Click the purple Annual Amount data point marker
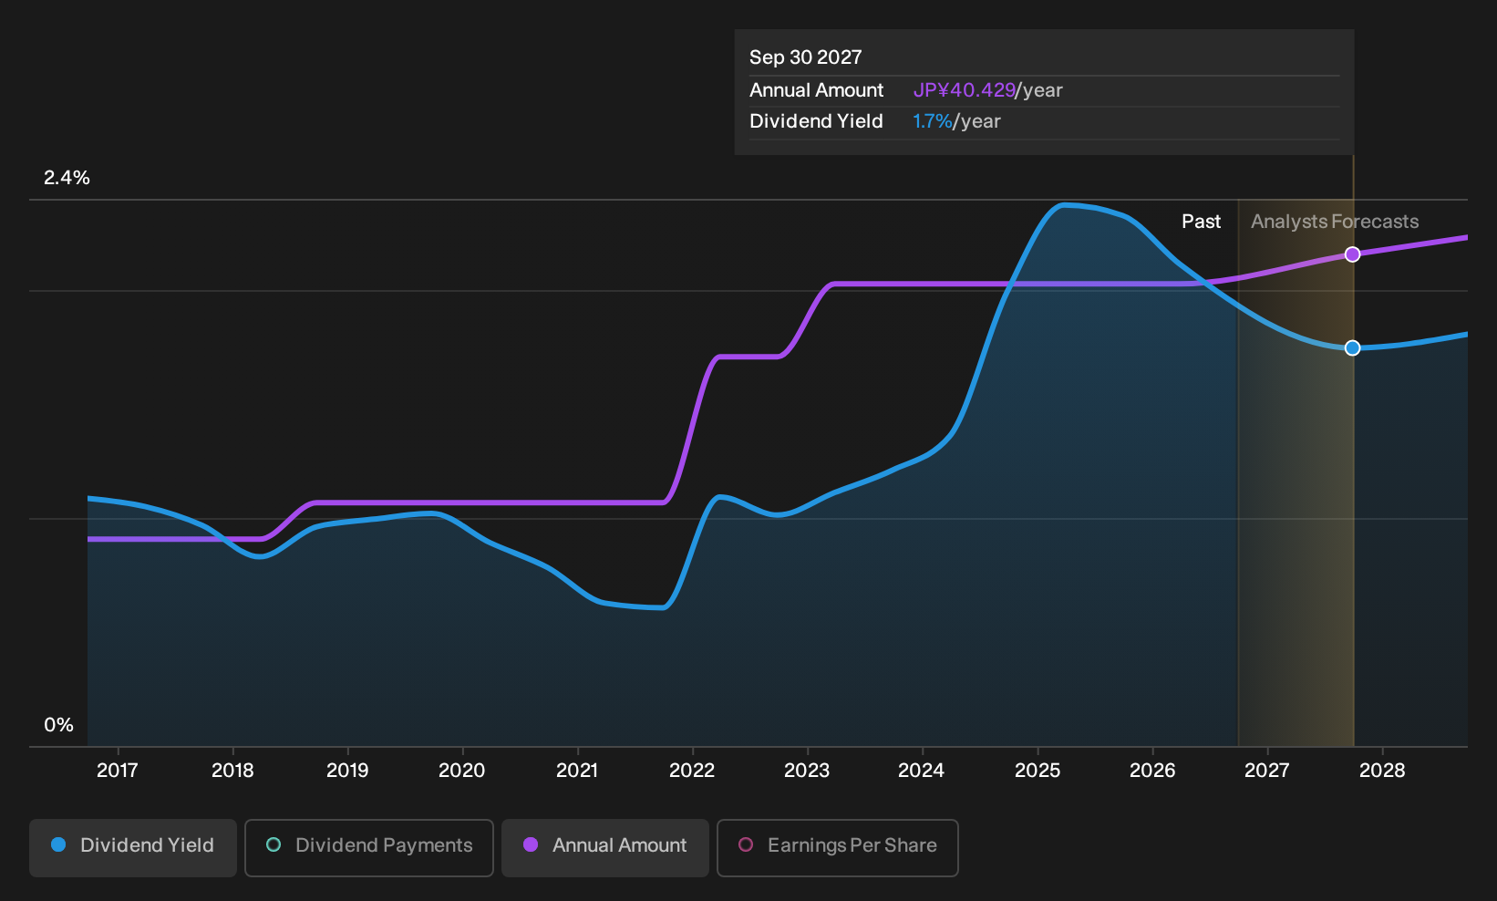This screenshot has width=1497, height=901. [1352, 254]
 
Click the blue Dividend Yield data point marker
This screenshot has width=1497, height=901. [1352, 347]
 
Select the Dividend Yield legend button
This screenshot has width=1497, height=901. [133, 847]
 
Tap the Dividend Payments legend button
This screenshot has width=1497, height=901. [369, 847]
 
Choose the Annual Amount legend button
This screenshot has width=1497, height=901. [604, 847]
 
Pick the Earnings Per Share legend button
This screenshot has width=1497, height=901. [837, 847]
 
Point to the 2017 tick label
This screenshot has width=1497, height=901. [118, 771]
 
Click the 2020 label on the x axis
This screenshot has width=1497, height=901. [462, 771]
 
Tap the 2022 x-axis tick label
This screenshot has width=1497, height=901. [692, 771]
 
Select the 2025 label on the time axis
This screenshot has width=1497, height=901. [1038, 771]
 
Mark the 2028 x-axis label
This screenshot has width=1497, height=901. [1382, 771]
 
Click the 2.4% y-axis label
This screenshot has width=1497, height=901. [67, 178]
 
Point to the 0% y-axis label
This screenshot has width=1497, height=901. [59, 725]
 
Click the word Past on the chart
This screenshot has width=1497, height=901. [1201, 222]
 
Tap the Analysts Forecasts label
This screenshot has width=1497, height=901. [1335, 222]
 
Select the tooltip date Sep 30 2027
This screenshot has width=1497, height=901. [805, 57]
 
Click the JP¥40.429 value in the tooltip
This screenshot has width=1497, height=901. [965, 90]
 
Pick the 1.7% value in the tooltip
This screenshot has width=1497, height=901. [933, 121]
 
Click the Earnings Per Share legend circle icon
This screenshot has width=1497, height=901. [746, 844]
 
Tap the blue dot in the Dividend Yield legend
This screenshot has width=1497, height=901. [59, 844]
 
